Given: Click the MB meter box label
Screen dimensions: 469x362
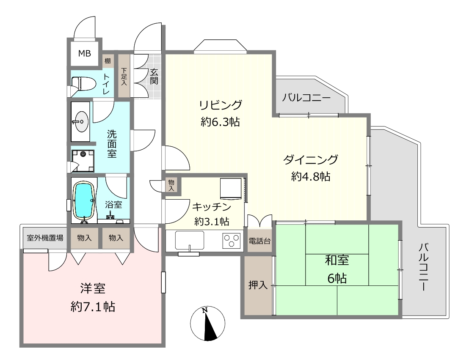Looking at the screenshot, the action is [x=85, y=54].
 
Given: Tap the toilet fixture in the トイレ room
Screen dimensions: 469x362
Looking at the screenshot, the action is [x=83, y=83].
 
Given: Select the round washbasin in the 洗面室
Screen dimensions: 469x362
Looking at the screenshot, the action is [x=81, y=121].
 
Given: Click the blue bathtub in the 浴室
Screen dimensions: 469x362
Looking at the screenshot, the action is [x=84, y=200].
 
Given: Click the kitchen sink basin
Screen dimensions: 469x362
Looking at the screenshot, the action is [x=189, y=240].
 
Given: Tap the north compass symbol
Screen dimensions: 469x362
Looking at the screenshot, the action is [x=207, y=324].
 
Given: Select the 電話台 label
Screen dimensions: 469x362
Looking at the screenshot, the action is [x=259, y=241].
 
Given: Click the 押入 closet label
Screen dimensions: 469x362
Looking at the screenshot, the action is [x=258, y=285].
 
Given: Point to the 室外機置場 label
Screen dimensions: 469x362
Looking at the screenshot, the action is [x=45, y=238].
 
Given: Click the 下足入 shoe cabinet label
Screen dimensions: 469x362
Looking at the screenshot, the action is [x=124, y=77].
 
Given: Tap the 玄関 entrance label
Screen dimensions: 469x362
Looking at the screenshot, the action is [x=154, y=76].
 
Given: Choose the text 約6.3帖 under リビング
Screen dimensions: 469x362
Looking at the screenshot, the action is [x=220, y=122].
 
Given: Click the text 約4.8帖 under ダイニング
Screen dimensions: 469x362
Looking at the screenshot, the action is [x=311, y=176].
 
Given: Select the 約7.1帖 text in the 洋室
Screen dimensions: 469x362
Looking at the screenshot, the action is [x=93, y=307].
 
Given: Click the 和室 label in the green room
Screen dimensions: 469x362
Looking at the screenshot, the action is [x=337, y=260].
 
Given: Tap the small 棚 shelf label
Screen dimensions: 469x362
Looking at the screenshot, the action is [x=108, y=61].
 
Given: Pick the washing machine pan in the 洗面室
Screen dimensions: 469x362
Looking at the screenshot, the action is [x=83, y=161].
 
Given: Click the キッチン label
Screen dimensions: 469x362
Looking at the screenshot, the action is [x=212, y=206].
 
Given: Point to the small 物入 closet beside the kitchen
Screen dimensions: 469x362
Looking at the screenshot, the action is [x=171, y=185].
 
